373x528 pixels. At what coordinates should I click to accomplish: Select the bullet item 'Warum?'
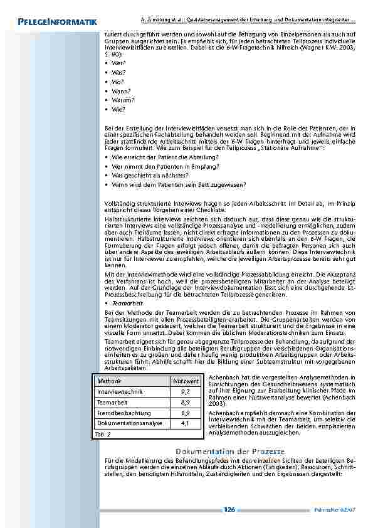click(x=122, y=100)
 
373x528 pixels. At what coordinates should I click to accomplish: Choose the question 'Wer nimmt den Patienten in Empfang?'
click(x=164, y=166)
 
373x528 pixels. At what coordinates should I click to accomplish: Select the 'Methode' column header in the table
click(x=109, y=381)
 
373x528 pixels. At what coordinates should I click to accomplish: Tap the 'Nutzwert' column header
click(x=186, y=381)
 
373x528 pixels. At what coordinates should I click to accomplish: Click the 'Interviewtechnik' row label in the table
click(x=120, y=392)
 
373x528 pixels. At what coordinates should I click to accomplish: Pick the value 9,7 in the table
click(x=186, y=392)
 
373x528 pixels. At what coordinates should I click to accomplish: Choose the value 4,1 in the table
click(x=186, y=424)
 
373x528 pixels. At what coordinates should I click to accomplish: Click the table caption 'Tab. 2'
click(x=103, y=434)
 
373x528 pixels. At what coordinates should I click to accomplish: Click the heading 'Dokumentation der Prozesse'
click(x=230, y=451)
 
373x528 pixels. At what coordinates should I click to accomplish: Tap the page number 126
click(x=229, y=510)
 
